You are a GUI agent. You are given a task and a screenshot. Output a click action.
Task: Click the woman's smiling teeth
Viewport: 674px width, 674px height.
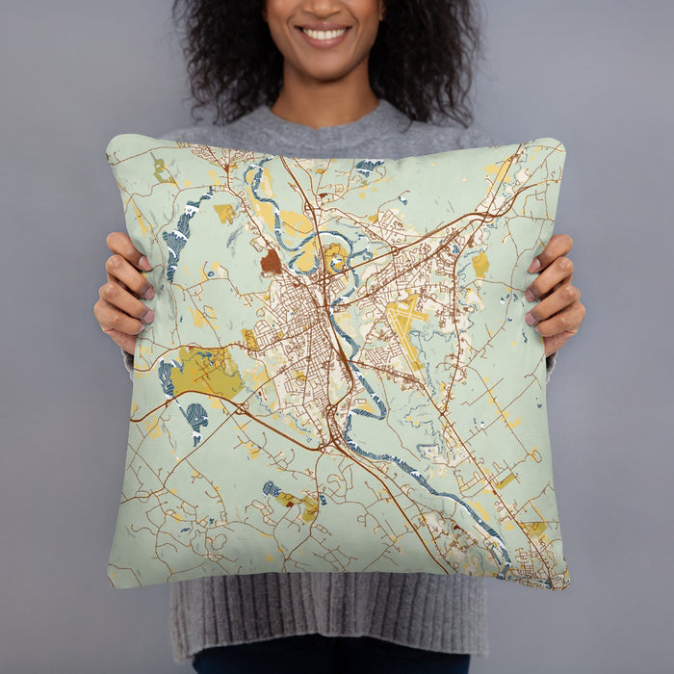(x=324, y=34)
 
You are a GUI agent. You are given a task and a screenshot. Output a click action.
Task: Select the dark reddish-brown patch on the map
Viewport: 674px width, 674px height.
(x=272, y=262)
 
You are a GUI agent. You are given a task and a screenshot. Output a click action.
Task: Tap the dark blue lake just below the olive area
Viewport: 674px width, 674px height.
(x=195, y=416)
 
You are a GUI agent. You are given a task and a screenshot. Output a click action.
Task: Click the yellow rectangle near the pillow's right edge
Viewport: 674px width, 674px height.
(x=480, y=264)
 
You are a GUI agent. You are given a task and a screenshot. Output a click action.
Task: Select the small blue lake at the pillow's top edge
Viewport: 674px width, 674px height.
(x=368, y=167)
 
